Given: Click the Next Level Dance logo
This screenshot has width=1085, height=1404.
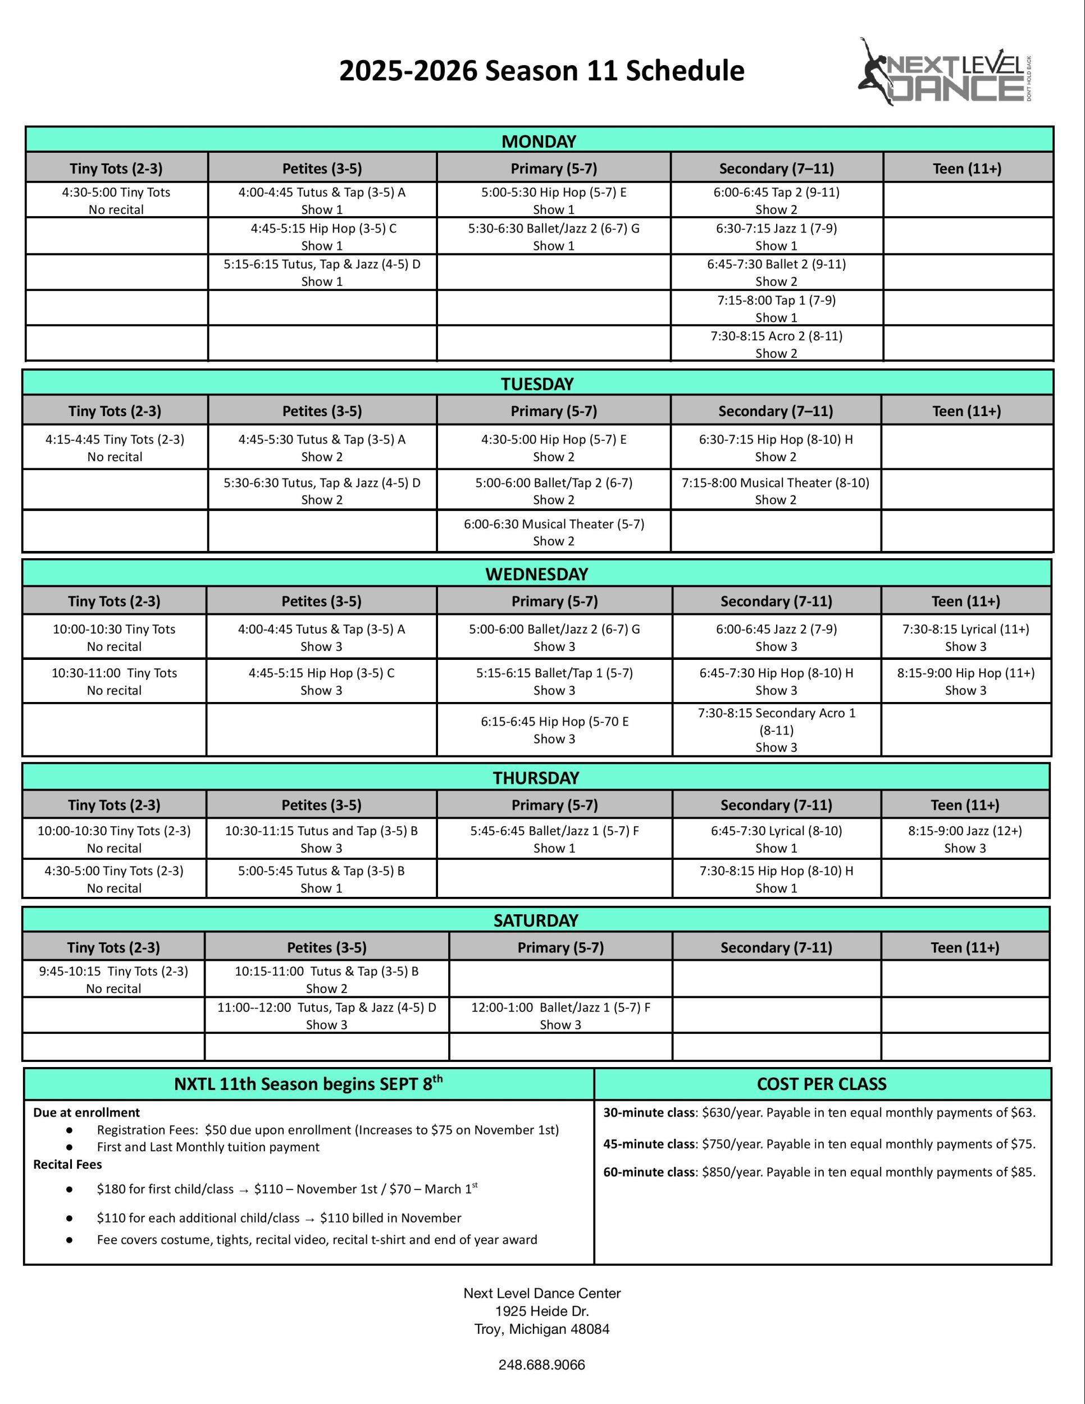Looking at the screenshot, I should [948, 71].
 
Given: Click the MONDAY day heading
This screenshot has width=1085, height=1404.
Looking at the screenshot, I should [539, 141].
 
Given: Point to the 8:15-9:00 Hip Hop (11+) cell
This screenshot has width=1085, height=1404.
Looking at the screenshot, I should [965, 681].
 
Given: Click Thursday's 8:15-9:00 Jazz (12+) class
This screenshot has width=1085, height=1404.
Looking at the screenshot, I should [964, 838].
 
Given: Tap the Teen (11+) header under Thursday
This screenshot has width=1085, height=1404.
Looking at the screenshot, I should [964, 804].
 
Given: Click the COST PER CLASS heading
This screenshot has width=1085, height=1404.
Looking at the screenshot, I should [822, 1084].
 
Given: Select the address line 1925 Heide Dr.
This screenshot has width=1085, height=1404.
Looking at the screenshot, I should [542, 1311].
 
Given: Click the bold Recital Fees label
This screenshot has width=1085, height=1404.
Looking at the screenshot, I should [67, 1164].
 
